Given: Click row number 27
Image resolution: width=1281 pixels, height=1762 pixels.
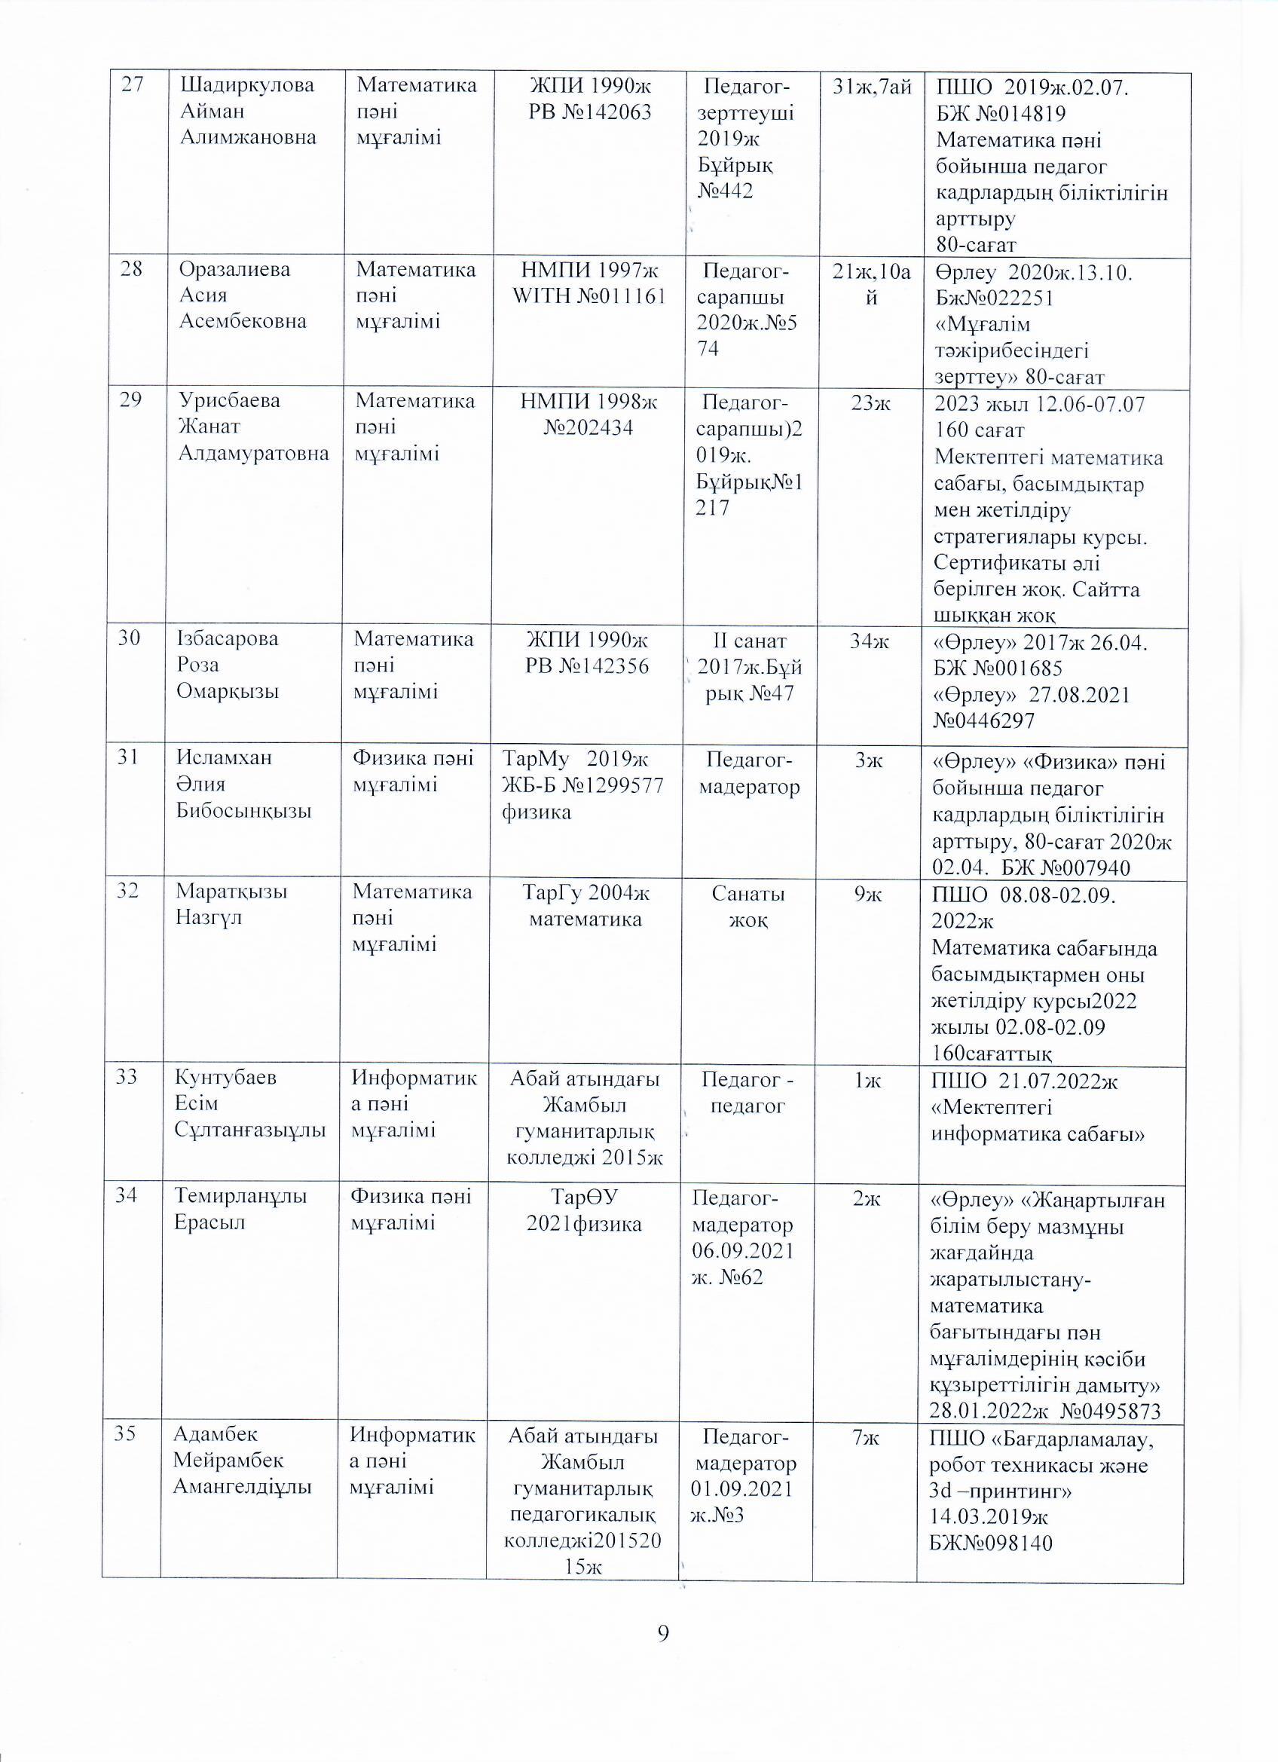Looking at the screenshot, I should point(133,85).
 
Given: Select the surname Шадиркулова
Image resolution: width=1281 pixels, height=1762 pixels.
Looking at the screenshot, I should point(247,85).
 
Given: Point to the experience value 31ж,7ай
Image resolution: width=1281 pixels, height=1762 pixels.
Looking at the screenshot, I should point(871,87).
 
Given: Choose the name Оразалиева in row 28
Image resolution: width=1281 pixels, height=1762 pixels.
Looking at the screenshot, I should point(234,270).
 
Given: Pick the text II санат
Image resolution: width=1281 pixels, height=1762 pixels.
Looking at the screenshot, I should point(749,641).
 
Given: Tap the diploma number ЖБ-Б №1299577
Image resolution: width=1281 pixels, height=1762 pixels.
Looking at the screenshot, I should point(582,785).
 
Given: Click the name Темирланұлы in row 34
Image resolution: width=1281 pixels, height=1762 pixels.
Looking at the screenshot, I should point(240,1197).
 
